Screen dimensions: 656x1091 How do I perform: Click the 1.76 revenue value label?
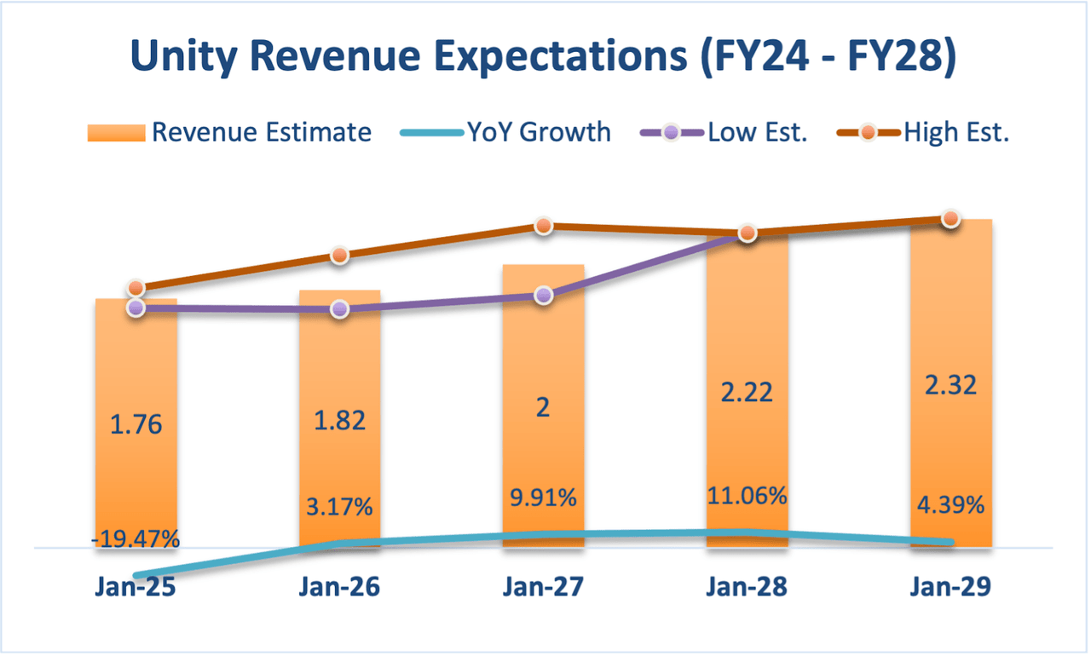point(136,425)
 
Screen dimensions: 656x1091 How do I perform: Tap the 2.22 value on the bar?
point(747,393)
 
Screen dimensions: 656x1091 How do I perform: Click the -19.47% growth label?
point(136,538)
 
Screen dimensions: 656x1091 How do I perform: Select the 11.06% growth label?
point(747,495)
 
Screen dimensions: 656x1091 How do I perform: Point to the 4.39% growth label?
point(950,504)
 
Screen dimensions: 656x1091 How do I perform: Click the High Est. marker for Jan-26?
point(339,255)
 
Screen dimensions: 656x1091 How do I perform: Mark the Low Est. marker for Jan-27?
point(544,296)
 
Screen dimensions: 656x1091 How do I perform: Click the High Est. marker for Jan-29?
point(950,219)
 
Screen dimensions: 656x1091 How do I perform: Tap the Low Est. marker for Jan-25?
point(136,308)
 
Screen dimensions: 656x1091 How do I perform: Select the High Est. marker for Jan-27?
point(544,226)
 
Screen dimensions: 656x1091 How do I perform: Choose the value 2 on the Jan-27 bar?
point(544,407)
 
